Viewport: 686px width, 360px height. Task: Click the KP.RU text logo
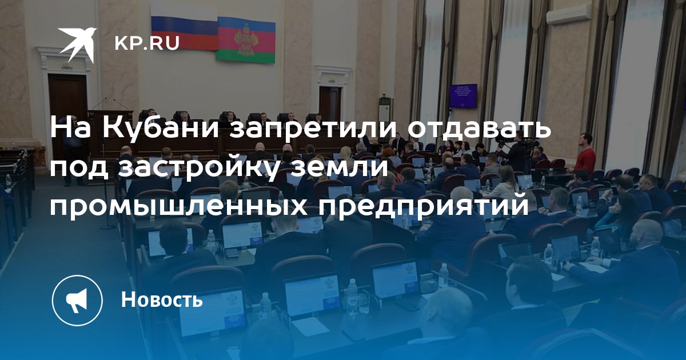coord(147,43)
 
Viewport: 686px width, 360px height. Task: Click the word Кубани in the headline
coord(161,128)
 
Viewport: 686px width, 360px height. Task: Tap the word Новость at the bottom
coord(162,299)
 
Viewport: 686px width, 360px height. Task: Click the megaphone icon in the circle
coord(77,301)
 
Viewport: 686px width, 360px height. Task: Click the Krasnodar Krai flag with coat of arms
coord(246,40)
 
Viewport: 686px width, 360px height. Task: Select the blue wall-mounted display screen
coord(464,96)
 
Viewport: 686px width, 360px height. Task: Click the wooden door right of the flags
coord(330,104)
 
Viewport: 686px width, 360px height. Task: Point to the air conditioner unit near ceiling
coord(568,14)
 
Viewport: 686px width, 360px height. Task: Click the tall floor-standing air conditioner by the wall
coord(385,119)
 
